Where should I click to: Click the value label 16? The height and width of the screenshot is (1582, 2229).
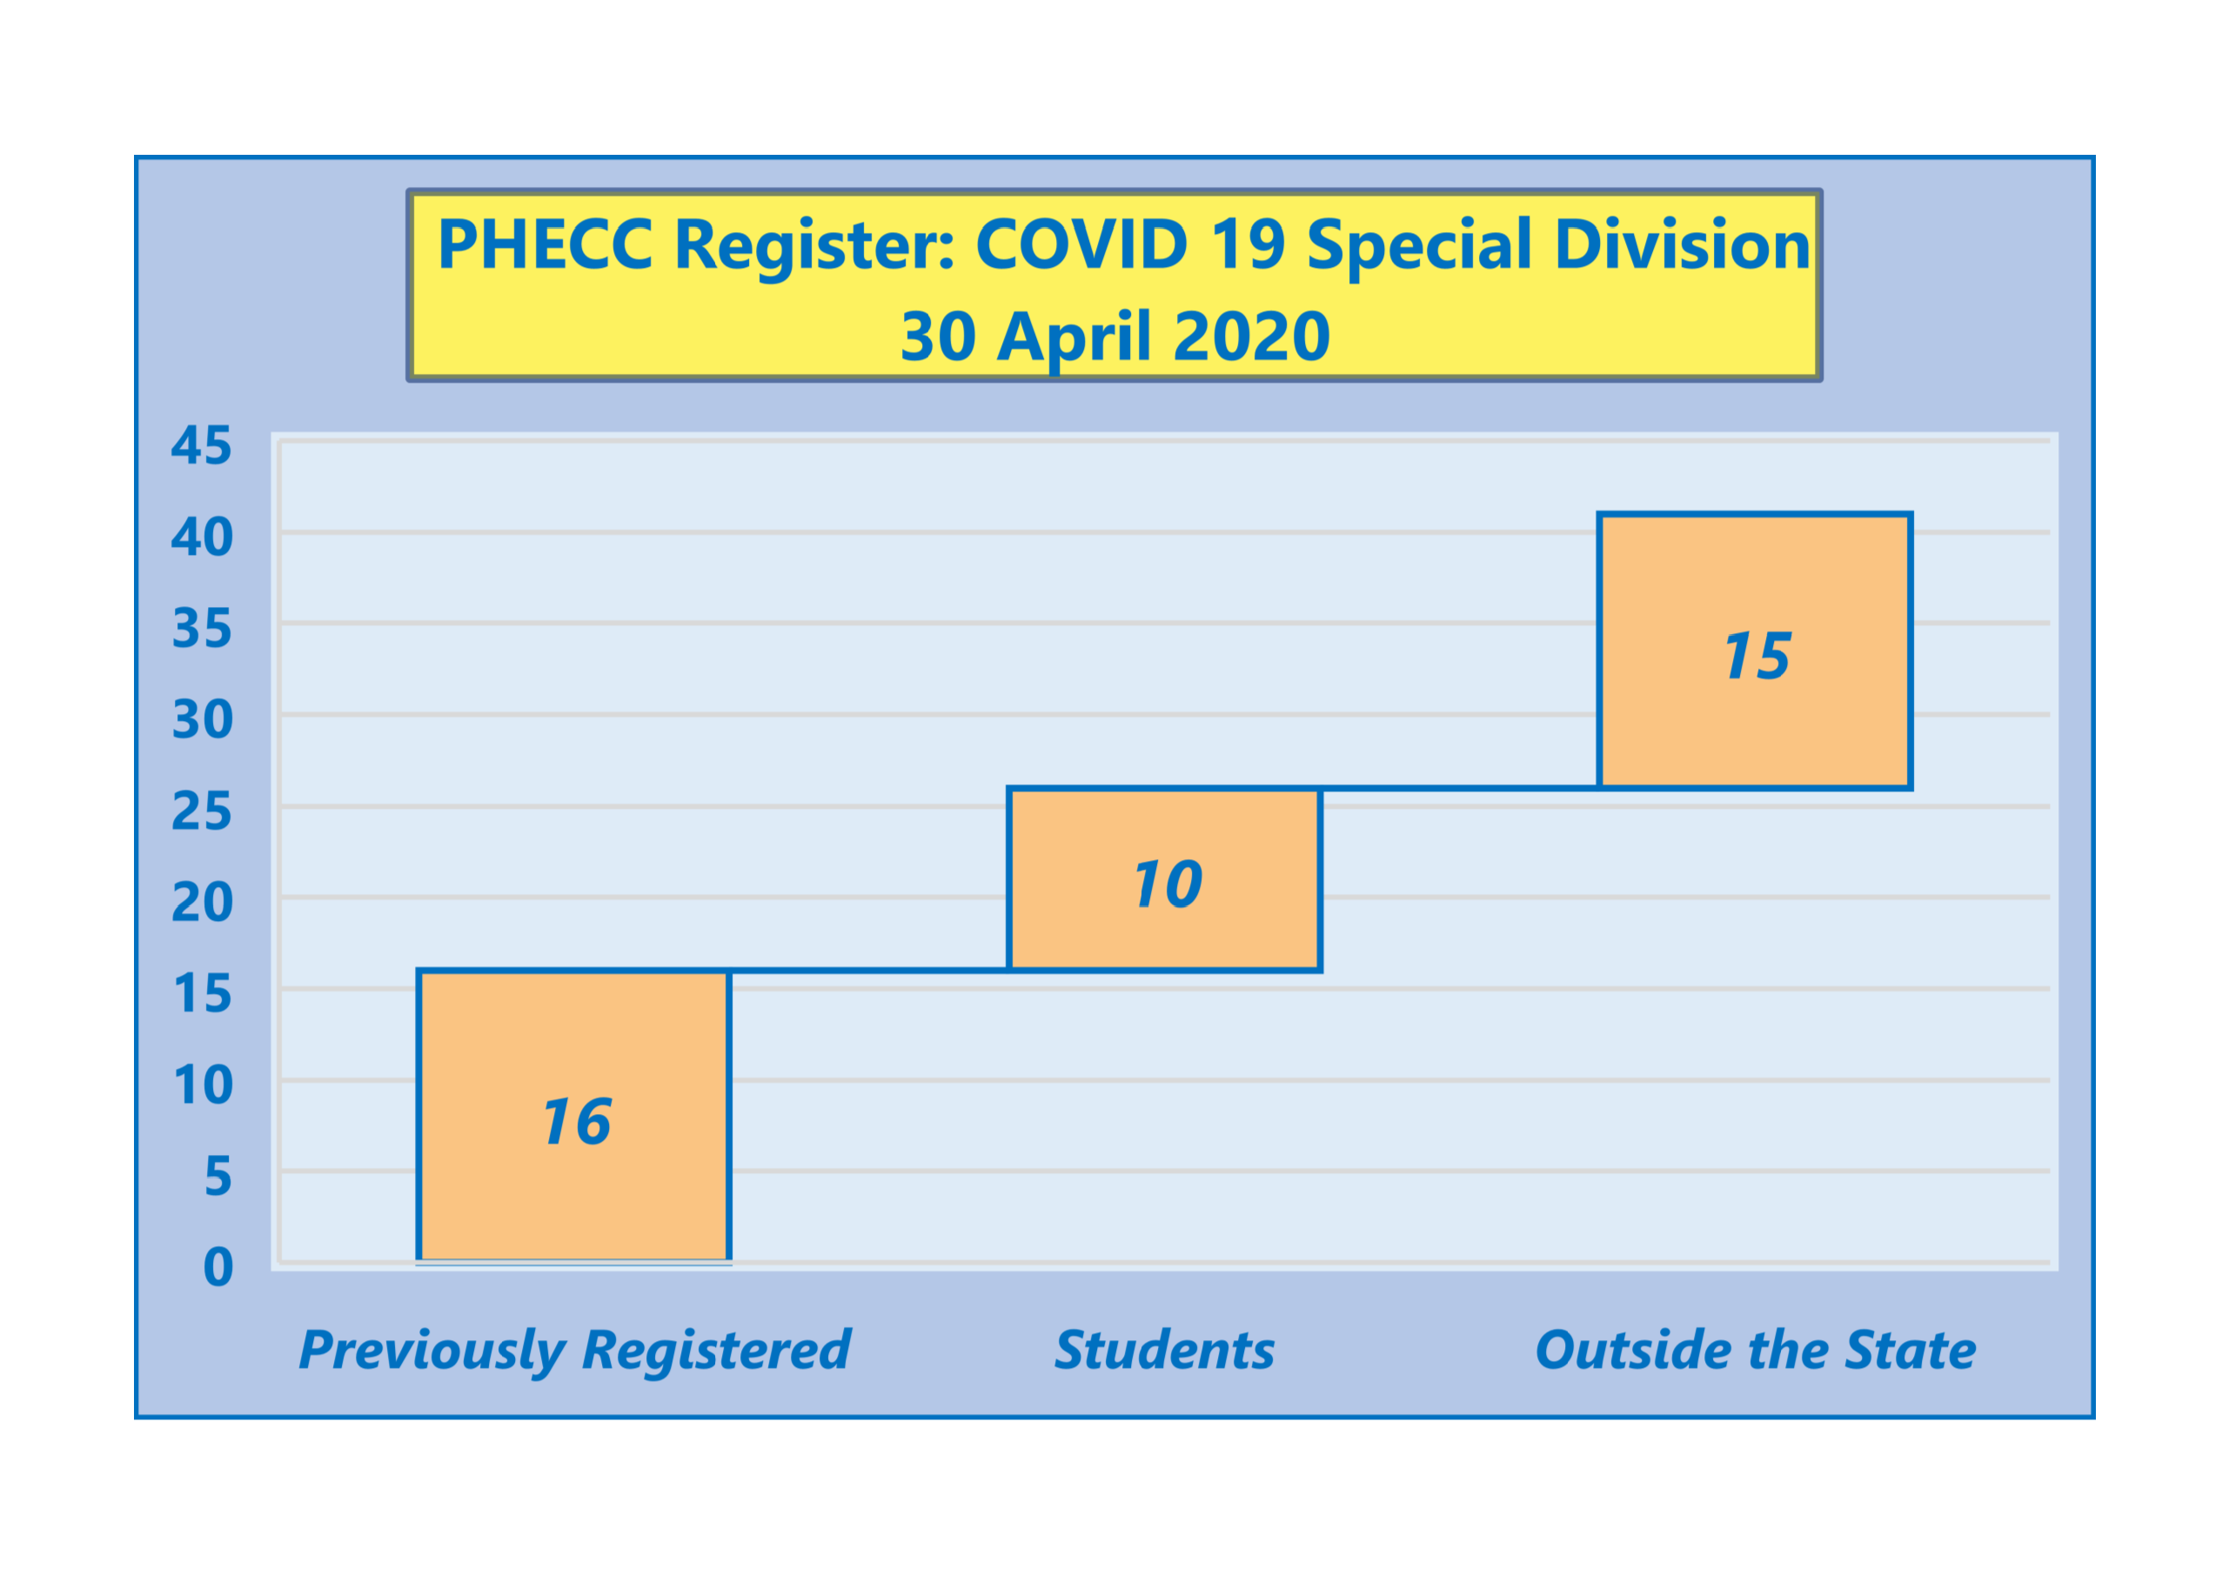[577, 1121]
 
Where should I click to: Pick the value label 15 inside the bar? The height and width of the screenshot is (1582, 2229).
[1757, 656]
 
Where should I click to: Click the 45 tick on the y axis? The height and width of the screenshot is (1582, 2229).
[202, 445]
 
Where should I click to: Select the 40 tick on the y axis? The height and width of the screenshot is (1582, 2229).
[202, 537]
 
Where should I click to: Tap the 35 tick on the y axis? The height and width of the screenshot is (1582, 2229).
[202, 628]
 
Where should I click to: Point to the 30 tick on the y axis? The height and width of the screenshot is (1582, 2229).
[202, 720]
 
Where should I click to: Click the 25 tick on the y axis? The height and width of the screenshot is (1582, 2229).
[202, 811]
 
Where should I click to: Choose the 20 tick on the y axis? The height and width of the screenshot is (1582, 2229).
[202, 902]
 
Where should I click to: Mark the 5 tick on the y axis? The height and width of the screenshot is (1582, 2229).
[218, 1177]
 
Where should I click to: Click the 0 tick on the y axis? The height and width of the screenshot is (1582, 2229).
[218, 1267]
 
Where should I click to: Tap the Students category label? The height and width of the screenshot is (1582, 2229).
[1164, 1350]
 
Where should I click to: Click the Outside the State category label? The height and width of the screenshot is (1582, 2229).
[1755, 1350]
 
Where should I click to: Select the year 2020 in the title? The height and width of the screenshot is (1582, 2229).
[1251, 336]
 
